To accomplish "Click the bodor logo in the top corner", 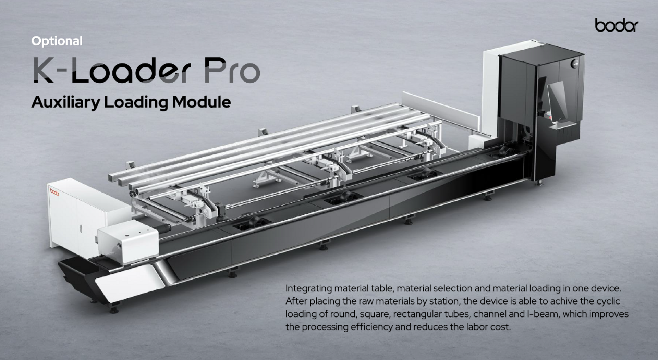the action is coord(617,25).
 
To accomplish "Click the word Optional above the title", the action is coord(57,41).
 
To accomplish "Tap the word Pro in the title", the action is coord(232,70).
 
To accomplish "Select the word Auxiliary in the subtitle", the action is coord(66,102).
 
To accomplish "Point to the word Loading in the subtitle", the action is coord(136,102).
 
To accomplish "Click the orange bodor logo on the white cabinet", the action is coord(54,192).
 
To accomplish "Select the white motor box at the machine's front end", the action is coord(128,241).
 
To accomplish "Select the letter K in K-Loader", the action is coord(44,70).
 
